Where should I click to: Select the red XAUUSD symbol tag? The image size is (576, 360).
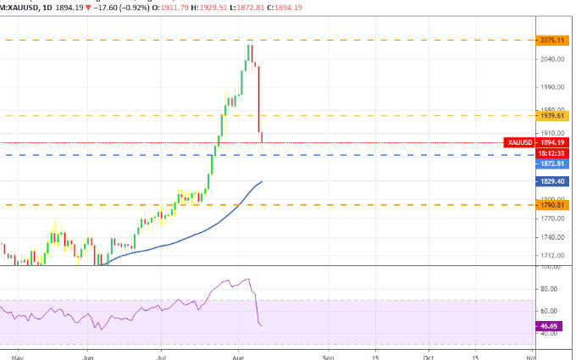point(518,142)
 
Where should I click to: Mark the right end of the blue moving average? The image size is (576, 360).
point(263,181)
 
